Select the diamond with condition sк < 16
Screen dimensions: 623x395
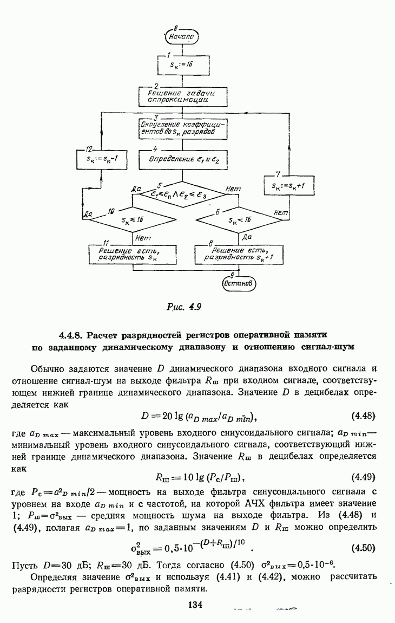tap(238, 220)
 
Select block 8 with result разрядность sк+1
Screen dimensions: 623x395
tap(238, 254)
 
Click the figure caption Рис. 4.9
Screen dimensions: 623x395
tap(183, 308)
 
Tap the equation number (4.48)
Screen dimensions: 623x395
tap(364, 417)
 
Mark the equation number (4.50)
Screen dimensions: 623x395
tap(364, 548)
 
